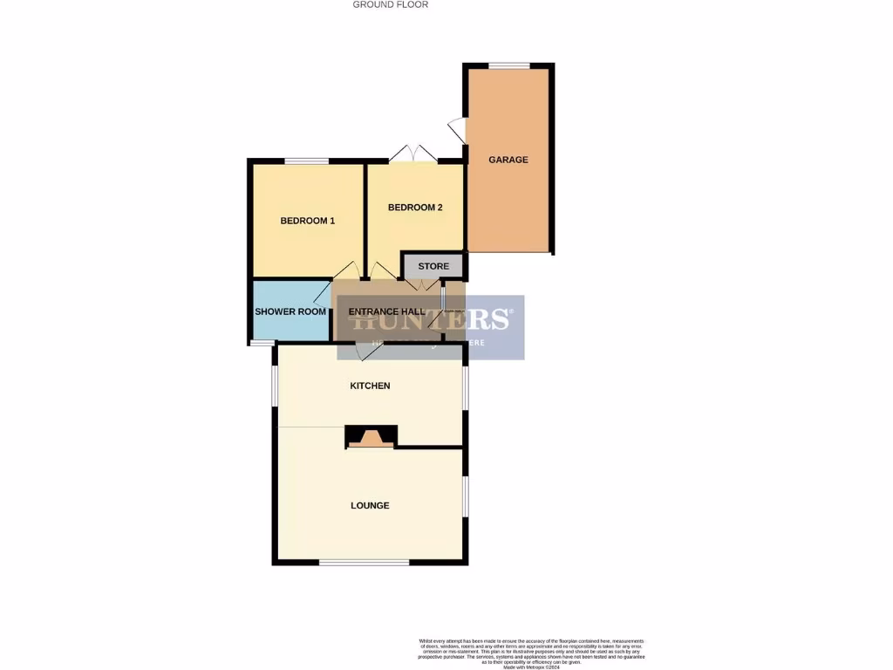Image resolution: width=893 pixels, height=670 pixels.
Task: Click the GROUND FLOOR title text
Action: tap(390, 4)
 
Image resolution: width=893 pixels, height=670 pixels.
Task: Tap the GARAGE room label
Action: tap(508, 160)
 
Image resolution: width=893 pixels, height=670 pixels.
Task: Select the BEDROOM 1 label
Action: tap(307, 221)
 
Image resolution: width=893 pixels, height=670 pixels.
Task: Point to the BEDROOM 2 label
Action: tap(415, 208)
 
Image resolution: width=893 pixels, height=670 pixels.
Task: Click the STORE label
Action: tap(433, 266)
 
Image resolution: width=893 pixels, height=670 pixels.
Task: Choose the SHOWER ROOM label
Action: tap(290, 311)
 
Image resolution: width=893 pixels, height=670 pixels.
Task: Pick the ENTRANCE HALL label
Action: tap(386, 311)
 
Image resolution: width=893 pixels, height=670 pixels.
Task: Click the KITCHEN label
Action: tap(370, 386)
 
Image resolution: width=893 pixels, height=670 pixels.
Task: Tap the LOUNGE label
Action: tap(370, 505)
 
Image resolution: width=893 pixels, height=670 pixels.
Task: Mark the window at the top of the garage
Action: tap(508, 65)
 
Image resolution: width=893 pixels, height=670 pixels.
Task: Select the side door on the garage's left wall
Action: tap(457, 131)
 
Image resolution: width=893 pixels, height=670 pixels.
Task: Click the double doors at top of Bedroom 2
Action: tap(412, 154)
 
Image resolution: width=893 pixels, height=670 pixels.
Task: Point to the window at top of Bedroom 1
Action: tap(306, 161)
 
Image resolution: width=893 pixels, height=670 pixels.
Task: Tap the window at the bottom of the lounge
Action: tap(364, 563)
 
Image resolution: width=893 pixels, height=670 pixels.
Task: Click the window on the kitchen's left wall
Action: tap(275, 385)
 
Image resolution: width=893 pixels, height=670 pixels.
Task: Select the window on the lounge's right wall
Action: tap(465, 497)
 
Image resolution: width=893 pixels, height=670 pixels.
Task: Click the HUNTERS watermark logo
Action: tap(430, 319)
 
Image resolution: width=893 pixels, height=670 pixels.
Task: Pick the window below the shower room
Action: tap(261, 343)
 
